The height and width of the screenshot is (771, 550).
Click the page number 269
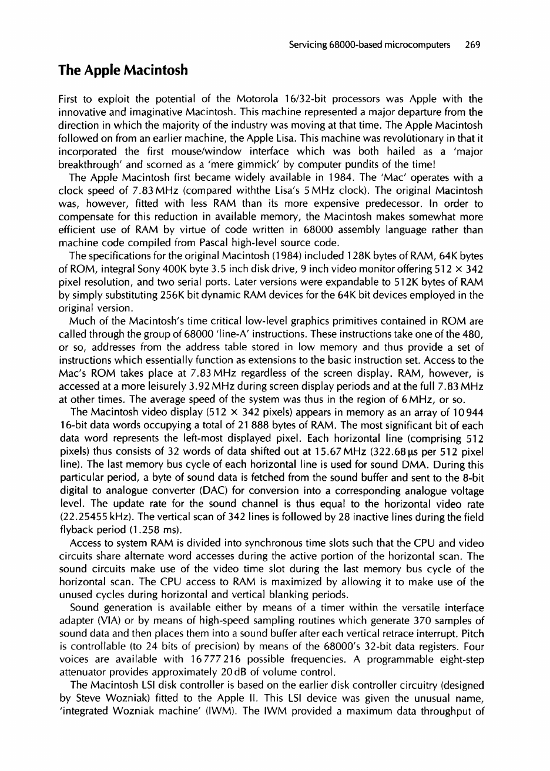(x=473, y=45)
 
